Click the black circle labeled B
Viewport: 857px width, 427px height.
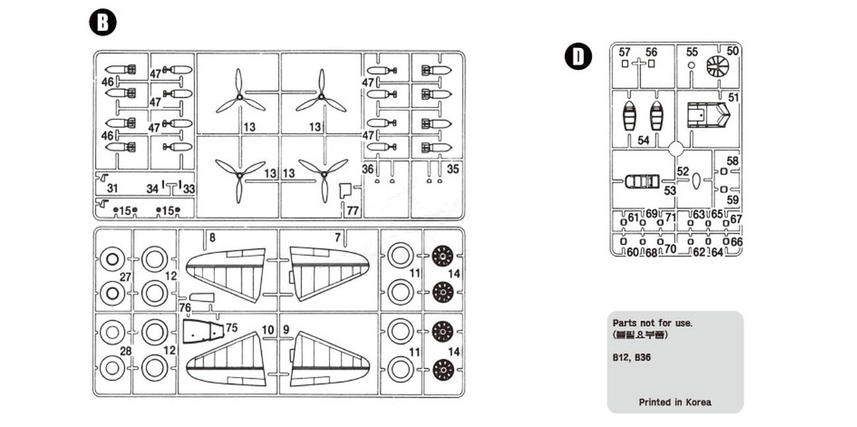[102, 22]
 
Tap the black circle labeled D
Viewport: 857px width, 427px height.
[577, 57]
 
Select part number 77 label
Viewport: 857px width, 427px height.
[353, 212]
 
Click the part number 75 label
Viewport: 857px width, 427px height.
[231, 327]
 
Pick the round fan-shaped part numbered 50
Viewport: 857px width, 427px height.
[717, 67]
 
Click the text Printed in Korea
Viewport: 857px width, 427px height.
[674, 402]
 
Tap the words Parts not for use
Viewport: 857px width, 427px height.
[653, 324]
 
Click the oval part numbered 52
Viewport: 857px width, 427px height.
[695, 181]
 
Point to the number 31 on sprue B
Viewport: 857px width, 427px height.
[112, 189]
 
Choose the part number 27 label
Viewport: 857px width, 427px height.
[125, 277]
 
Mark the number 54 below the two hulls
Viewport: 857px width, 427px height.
[643, 140]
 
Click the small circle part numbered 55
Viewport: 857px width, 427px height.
[691, 66]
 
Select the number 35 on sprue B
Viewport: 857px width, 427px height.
[453, 169]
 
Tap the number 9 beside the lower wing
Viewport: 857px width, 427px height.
[286, 329]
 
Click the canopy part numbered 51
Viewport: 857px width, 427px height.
[708, 116]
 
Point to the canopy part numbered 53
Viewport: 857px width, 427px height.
[641, 181]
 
